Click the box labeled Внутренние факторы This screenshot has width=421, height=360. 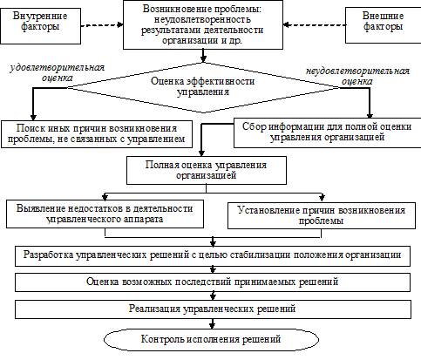[x=40, y=26]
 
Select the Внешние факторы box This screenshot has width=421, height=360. [x=383, y=25]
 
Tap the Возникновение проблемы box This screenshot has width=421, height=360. [x=203, y=24]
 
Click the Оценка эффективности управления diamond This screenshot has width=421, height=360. [x=203, y=87]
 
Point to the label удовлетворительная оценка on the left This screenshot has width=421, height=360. [x=58, y=72]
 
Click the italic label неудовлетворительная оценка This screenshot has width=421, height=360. [x=357, y=76]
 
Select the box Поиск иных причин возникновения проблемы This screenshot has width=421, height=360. [x=97, y=134]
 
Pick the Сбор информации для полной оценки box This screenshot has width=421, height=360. [x=327, y=132]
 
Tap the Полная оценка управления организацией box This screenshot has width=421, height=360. [x=207, y=170]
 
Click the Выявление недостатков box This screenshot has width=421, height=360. [x=105, y=214]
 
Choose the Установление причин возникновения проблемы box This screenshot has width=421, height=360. [x=322, y=215]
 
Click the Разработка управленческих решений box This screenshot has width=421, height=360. [x=213, y=256]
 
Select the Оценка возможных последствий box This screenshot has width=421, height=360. [x=213, y=282]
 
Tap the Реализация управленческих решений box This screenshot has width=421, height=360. [x=213, y=309]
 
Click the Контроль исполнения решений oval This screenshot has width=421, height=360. [x=211, y=340]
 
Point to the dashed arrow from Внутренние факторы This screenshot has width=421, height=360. [x=102, y=25]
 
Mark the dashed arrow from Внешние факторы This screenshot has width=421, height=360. [x=315, y=25]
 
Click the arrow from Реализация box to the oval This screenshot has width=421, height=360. [x=213, y=323]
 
